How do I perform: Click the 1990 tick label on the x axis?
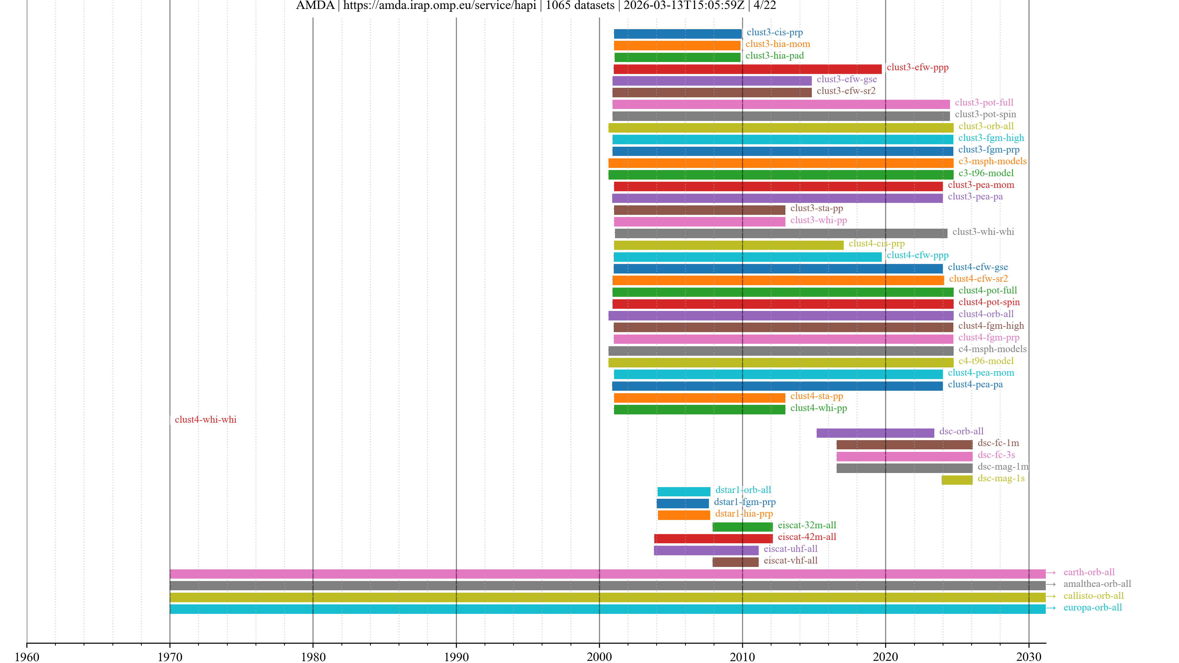(456, 657)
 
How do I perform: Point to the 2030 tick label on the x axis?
(1029, 657)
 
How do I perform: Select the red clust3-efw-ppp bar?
(747, 69)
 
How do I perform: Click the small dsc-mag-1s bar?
(957, 479)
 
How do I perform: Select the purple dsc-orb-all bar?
(875, 433)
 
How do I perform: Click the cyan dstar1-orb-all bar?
(684, 491)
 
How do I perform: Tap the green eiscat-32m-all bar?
(742, 527)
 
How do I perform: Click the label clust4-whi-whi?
(205, 420)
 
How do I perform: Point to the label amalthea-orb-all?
(1097, 584)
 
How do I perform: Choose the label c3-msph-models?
(992, 161)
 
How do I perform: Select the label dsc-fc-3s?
(996, 455)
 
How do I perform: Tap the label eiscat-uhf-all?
(790, 549)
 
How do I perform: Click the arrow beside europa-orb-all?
(1051, 608)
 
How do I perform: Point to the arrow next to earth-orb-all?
(1051, 573)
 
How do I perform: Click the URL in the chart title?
(439, 6)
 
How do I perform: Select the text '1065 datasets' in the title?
(580, 6)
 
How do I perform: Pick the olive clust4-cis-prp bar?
(728, 245)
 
